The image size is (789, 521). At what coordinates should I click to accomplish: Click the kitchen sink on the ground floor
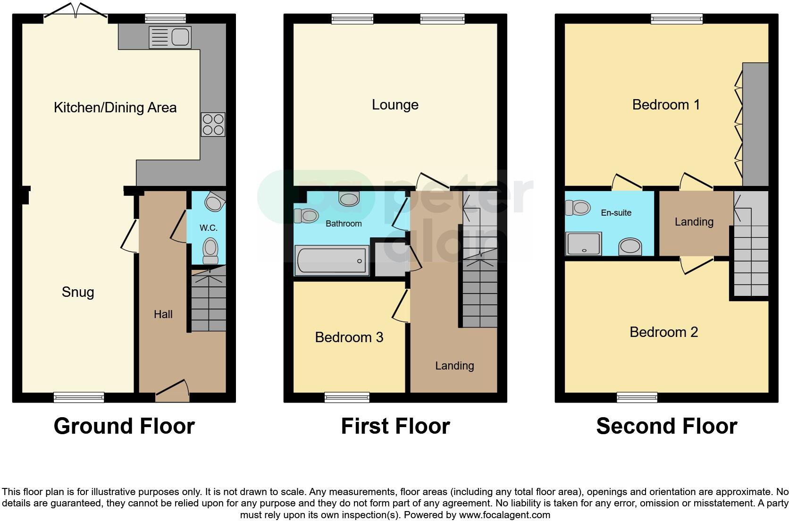(x=170, y=37)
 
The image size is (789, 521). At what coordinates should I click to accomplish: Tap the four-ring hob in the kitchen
(x=213, y=124)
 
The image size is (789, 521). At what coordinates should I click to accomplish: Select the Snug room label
(x=78, y=292)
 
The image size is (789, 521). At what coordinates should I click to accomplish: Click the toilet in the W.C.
(x=210, y=251)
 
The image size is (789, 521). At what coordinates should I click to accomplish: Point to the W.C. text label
(x=209, y=228)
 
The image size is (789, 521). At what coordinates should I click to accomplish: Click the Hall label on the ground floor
(x=163, y=314)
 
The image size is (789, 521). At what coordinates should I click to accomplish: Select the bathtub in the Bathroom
(x=332, y=260)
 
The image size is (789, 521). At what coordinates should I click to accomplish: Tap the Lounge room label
(x=395, y=105)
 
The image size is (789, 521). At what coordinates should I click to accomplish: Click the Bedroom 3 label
(x=349, y=337)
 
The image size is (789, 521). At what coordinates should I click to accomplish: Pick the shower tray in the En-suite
(x=584, y=244)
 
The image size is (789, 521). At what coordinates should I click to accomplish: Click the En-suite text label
(x=616, y=213)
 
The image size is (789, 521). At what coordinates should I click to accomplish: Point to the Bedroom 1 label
(x=666, y=105)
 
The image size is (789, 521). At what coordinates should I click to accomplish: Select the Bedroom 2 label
(x=664, y=332)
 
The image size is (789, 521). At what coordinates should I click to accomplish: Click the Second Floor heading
(x=667, y=426)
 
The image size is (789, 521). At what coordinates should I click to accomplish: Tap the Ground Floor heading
(x=124, y=426)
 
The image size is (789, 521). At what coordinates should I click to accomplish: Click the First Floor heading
(x=395, y=426)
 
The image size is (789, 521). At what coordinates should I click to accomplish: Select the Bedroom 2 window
(x=637, y=397)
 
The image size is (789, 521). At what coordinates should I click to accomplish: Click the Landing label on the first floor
(x=455, y=366)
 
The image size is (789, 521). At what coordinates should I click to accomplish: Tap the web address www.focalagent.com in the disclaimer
(x=505, y=515)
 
